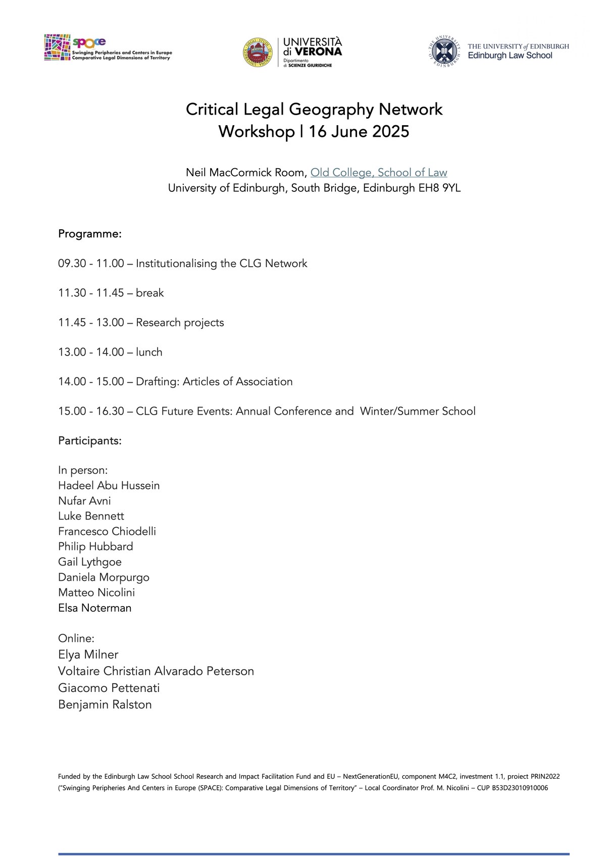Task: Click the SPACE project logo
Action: coord(108,48)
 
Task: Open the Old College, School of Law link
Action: coord(379,173)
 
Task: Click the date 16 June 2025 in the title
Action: coord(359,132)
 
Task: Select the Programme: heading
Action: coord(90,234)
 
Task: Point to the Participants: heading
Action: coord(90,441)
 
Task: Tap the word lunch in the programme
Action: coord(149,352)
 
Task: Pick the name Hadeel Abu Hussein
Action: coord(109,486)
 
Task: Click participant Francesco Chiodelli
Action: coord(107,531)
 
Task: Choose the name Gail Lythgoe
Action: coord(90,562)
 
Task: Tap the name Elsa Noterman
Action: coord(95,608)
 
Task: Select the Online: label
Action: coord(76,638)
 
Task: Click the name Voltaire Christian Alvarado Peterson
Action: coord(156,671)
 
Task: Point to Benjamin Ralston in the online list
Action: coord(105,704)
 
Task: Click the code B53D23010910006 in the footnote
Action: coord(520,788)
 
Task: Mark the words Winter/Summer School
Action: coord(418,411)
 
